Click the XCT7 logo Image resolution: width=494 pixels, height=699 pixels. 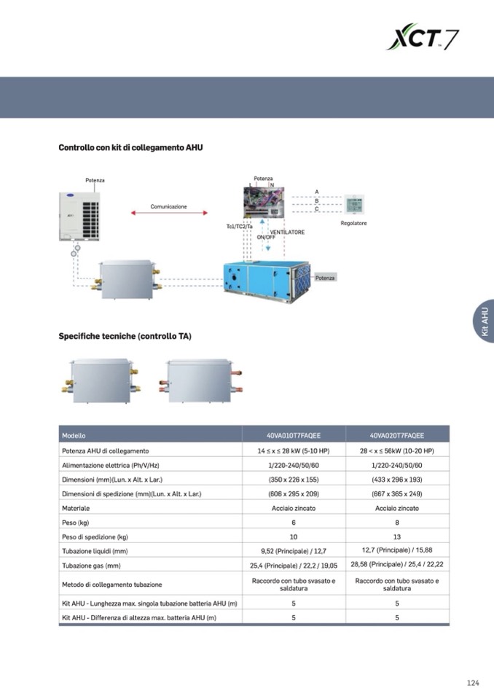(423, 36)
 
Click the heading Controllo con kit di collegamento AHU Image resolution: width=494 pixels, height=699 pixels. (130, 148)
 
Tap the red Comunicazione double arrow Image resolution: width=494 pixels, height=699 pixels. (168, 214)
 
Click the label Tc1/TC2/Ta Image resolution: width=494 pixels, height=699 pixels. (239, 226)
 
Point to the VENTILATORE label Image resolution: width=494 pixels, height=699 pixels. (287, 232)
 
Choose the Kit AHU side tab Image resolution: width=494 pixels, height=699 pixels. (484, 321)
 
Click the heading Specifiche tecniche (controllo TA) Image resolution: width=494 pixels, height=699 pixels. (125, 336)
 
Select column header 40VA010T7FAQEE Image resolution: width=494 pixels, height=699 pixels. (294, 435)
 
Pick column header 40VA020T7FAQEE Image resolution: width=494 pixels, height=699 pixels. (396, 435)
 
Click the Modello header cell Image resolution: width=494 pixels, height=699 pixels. (74, 435)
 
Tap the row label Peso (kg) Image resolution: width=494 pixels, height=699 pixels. (76, 523)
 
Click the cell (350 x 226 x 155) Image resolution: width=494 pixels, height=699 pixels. (294, 479)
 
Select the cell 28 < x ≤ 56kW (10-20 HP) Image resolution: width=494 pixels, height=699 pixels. (396, 451)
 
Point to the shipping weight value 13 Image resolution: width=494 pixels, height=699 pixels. (396, 537)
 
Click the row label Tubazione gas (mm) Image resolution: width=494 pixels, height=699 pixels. (91, 566)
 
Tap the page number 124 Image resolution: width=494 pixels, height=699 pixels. (473, 683)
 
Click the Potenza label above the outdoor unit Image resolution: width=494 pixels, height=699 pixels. (95, 180)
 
